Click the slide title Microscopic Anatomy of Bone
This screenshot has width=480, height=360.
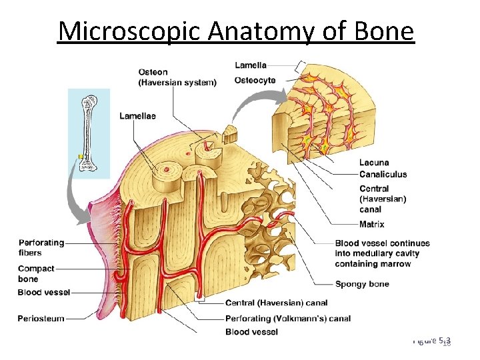[235, 31]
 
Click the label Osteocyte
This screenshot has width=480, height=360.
[255, 81]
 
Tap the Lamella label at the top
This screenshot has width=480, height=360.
[251, 65]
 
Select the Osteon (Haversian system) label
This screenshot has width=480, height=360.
[177, 77]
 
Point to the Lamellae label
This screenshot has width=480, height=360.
[137, 116]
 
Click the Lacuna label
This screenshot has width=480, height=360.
[374, 163]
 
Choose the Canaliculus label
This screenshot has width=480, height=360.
[383, 175]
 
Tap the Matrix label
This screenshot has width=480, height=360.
[371, 225]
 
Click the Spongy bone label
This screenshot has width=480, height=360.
[362, 284]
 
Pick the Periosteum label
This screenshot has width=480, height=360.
[41, 319]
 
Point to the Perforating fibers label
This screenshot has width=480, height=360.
[41, 247]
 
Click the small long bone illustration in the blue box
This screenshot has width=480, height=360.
[89, 133]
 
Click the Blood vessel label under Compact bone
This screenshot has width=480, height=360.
[44, 293]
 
